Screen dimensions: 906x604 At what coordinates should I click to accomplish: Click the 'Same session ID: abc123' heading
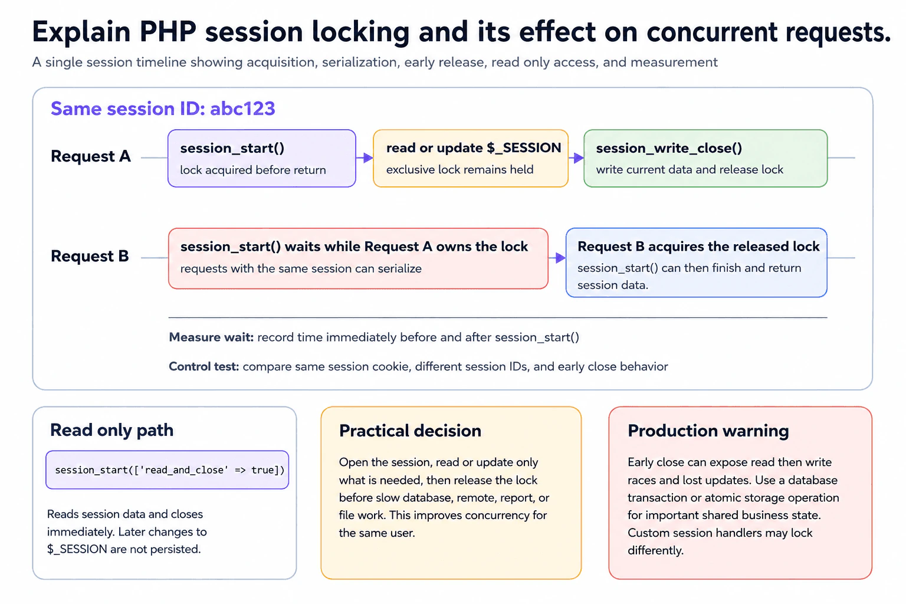pos(163,109)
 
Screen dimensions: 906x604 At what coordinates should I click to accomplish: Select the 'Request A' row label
pos(91,156)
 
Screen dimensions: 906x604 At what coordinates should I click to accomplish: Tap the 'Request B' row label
pos(90,256)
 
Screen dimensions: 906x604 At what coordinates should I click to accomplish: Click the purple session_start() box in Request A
pos(262,158)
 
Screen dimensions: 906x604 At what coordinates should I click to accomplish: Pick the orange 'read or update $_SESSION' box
pos(470,158)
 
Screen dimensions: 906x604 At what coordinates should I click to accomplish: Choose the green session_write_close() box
pos(705,158)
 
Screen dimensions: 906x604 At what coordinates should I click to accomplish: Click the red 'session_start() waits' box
pos(359,258)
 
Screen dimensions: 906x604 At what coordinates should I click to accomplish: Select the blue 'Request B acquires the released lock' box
pos(697,262)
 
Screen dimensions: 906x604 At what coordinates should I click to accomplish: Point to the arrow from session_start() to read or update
pos(365,157)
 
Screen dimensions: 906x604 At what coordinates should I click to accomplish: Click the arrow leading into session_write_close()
pos(576,157)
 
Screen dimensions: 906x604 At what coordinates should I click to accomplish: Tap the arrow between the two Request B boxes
pos(557,258)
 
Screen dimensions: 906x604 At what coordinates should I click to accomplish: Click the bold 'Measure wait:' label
pos(211,337)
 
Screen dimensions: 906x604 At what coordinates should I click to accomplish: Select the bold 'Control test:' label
pos(204,366)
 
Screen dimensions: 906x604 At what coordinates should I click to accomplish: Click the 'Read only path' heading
pos(111,430)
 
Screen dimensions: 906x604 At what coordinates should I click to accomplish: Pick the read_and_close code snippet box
pos(167,470)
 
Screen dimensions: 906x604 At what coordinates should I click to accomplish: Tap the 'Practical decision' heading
pos(410,431)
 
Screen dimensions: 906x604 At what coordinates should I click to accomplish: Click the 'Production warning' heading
pos(708,431)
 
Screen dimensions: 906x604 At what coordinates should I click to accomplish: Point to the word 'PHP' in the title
pos(168,31)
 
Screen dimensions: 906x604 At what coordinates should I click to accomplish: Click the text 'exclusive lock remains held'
pos(460,169)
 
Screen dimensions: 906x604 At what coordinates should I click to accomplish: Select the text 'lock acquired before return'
pos(253,170)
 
